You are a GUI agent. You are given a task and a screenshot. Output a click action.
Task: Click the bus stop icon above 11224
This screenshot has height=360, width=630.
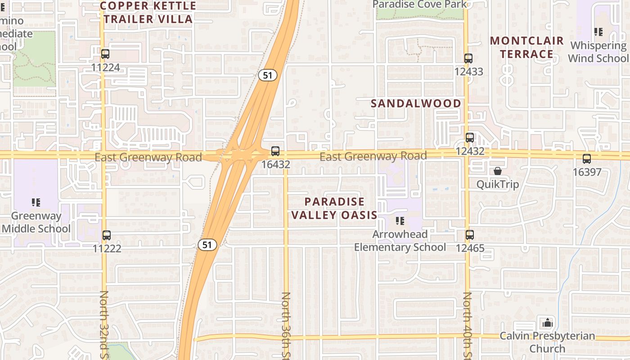(105, 54)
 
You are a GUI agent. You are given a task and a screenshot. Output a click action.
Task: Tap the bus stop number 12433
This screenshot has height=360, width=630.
(468, 72)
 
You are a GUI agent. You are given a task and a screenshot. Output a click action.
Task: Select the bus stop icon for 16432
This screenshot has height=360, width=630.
(275, 151)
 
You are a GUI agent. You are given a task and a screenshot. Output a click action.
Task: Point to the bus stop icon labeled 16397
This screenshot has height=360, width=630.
(587, 159)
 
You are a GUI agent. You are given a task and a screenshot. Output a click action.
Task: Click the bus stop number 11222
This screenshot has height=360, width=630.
(107, 248)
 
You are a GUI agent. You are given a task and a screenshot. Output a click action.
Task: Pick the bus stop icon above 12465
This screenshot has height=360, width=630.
(470, 235)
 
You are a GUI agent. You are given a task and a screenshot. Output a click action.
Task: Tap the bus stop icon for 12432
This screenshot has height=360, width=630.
(470, 138)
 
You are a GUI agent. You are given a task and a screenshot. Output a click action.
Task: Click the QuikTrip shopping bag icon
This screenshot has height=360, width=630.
(498, 171)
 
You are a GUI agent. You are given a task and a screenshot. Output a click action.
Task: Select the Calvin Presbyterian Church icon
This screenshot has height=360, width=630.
(547, 323)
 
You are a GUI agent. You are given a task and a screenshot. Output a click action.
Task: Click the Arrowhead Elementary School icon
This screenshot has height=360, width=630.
(400, 221)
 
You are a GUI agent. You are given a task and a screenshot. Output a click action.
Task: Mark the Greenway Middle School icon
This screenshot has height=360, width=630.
(36, 202)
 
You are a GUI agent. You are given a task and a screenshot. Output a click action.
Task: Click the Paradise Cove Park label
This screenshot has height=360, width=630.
(420, 4)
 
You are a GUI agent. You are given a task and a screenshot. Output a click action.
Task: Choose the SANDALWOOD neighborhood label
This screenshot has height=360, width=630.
(416, 103)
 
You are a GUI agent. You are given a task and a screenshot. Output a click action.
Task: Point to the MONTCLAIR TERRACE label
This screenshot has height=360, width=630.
(526, 47)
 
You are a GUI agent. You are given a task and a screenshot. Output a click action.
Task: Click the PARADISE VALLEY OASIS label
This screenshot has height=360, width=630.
(334, 208)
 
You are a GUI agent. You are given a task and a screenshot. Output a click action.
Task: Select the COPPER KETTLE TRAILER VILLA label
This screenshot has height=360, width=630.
(148, 12)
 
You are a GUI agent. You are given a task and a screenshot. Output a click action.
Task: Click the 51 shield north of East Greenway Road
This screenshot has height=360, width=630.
(268, 75)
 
